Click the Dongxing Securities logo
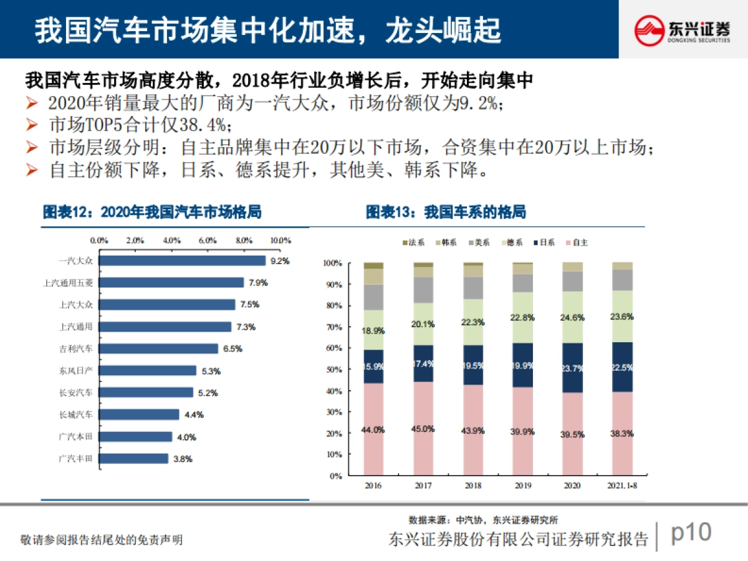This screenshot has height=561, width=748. (x=682, y=29)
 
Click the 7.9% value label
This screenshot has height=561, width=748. (x=257, y=282)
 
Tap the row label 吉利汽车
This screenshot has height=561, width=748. (x=75, y=348)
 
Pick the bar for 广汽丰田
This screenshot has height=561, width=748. (x=134, y=458)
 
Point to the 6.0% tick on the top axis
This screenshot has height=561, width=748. (x=208, y=240)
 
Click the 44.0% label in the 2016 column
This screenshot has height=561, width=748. (x=373, y=429)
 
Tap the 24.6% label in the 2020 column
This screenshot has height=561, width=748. (x=572, y=317)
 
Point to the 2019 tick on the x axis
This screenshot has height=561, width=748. (x=522, y=486)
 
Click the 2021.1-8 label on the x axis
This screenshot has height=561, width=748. (x=621, y=486)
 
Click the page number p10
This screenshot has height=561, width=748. (x=691, y=533)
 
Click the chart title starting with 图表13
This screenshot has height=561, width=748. (x=446, y=213)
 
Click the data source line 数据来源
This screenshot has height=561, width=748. (x=483, y=519)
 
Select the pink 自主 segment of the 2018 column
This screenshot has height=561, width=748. (x=472, y=430)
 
